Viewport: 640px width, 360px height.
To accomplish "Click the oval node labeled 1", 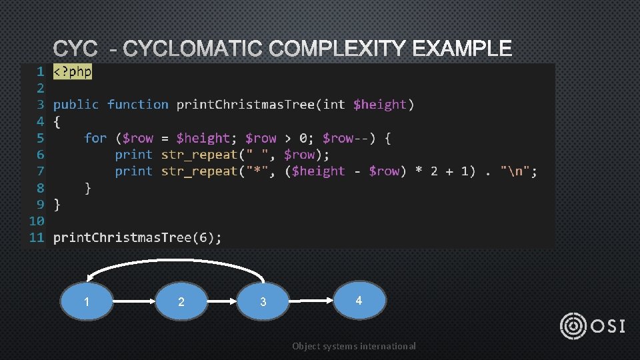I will [x=87, y=302].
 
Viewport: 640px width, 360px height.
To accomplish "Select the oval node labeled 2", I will [x=181, y=302].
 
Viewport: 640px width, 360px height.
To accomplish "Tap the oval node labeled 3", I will [x=263, y=302].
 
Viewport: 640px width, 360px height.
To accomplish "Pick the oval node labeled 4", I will [x=359, y=300].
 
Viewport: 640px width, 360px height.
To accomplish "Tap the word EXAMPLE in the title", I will [x=463, y=49].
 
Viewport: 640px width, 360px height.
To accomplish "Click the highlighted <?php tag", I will [x=73, y=71].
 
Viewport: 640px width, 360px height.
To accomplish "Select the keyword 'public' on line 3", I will [x=76, y=105].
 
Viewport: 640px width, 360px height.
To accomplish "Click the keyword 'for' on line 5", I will [x=95, y=138].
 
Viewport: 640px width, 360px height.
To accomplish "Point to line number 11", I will [x=36, y=237].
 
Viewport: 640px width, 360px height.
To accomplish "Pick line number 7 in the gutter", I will [x=40, y=171].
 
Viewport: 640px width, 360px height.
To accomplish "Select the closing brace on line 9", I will [x=57, y=204].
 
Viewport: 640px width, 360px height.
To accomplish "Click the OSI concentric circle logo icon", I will [x=573, y=326].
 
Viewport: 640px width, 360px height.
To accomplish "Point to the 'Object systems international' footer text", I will [x=354, y=346].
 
